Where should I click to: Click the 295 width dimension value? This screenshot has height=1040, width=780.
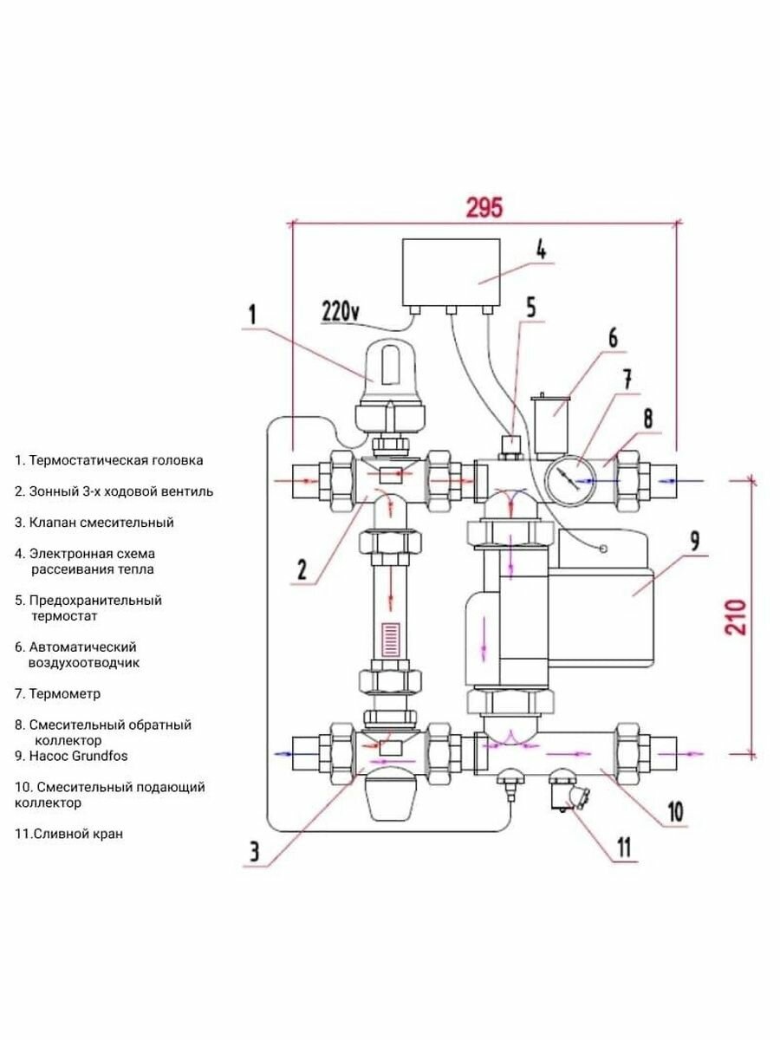coord(484,208)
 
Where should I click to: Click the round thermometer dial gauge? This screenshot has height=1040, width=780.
coord(570,476)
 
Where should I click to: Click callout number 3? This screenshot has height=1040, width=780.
coord(253,852)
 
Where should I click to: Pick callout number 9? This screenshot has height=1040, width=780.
coord(694,540)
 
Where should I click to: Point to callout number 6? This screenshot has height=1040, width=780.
coord(612,338)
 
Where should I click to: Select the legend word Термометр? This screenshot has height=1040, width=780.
coord(64,693)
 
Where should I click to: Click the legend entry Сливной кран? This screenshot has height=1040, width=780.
coord(68,834)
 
